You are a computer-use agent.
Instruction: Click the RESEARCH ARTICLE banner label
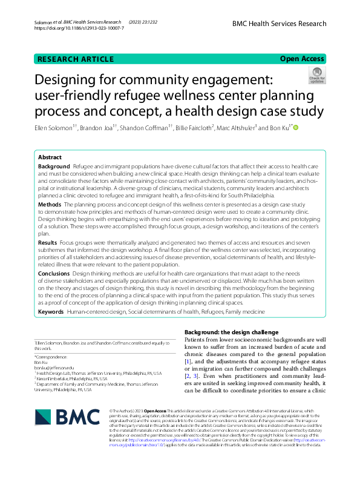tap(76, 59)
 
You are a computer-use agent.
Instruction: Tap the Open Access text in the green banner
tap(302, 59)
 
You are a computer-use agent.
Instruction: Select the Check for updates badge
tap(317, 76)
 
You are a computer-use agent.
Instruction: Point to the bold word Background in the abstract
tap(53, 166)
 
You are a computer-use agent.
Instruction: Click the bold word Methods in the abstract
tap(50, 205)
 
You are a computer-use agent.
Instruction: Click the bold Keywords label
tap(51, 311)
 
